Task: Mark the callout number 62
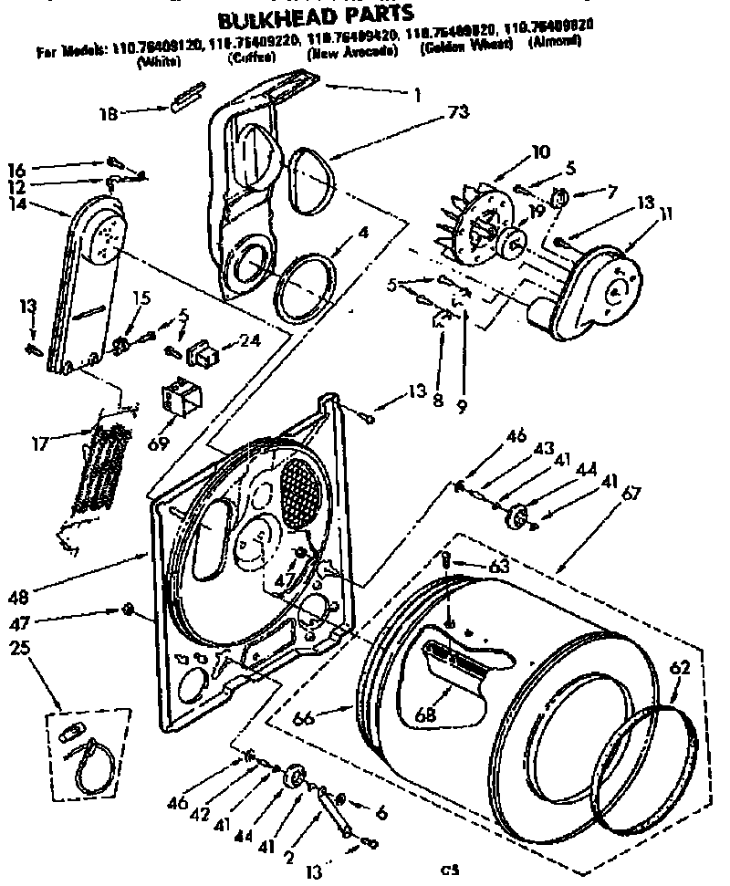(679, 668)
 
